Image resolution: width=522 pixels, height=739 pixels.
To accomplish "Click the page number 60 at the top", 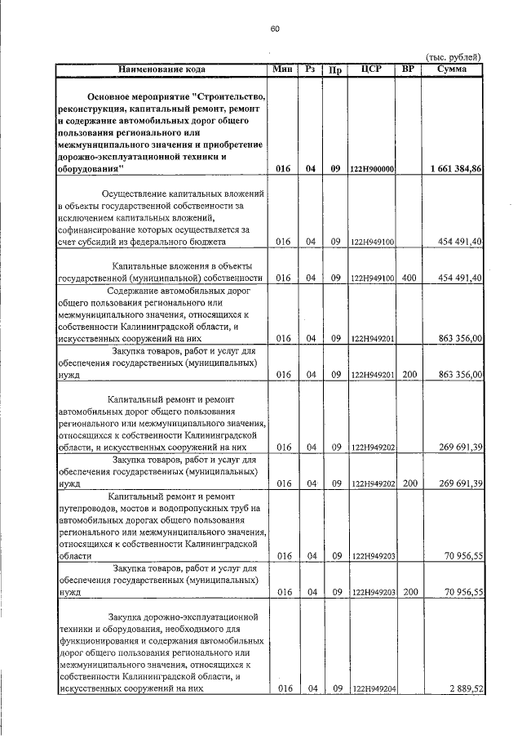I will click(275, 29).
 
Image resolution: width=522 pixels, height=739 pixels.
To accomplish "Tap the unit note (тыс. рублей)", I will click(454, 56).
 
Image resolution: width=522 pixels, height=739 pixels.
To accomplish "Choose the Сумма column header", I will click(451, 69).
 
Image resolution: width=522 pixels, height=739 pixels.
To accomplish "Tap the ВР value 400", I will click(409, 278).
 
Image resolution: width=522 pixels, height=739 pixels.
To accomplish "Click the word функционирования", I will click(104, 642).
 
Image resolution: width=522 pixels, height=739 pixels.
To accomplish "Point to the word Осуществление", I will click(136, 194).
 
